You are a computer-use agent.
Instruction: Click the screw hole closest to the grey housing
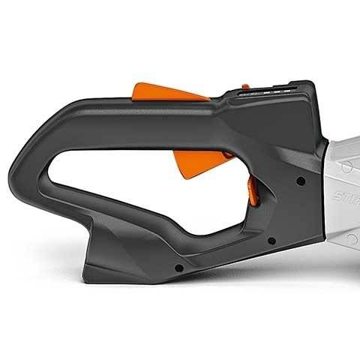tap(299, 180)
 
